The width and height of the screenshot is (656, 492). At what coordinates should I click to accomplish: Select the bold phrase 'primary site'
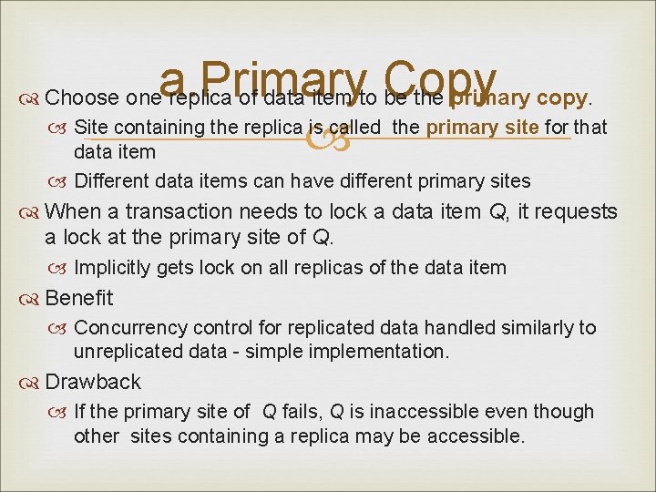[x=482, y=128]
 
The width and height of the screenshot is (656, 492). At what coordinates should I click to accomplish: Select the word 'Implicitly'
[x=113, y=268]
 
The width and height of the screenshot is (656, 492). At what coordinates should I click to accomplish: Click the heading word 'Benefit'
[x=79, y=298]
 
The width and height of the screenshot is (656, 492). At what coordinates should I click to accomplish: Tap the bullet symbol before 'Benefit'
[x=32, y=298]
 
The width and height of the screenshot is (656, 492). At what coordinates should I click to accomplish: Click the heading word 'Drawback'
[x=93, y=382]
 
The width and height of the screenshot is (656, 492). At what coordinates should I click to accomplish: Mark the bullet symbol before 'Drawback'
[x=32, y=382]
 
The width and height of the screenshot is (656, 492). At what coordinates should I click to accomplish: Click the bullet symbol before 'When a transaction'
[x=32, y=211]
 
